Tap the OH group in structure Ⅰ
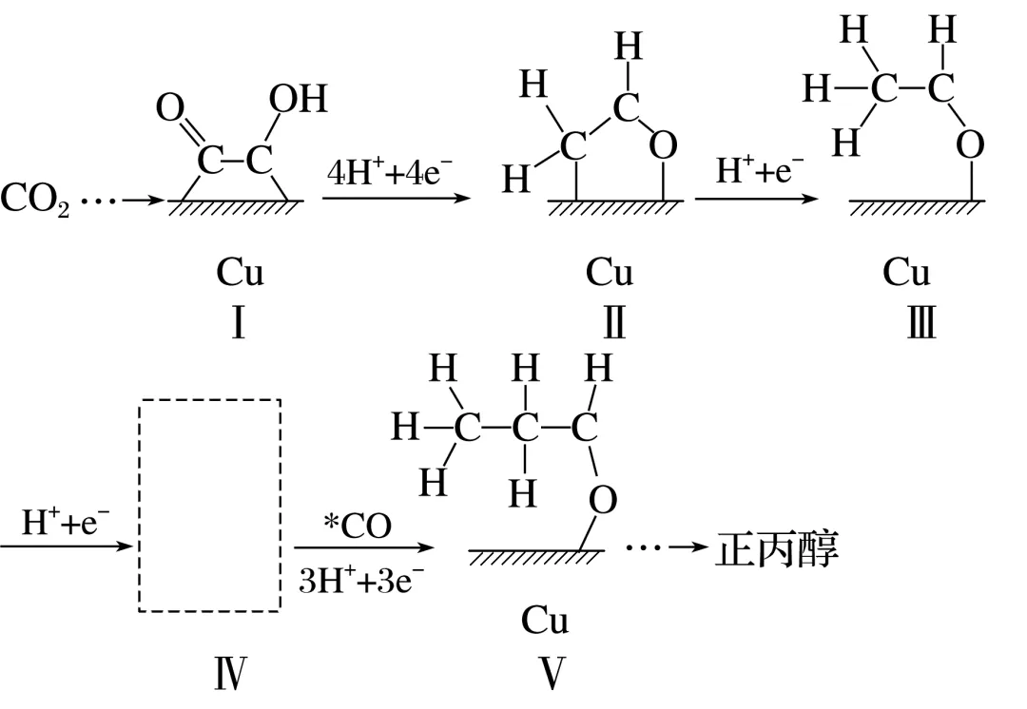[x=298, y=99]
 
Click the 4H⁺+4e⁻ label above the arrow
[x=390, y=175]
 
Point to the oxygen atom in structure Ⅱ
[x=665, y=144]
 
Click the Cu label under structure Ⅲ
[x=905, y=273]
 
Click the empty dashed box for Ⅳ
[x=210, y=505]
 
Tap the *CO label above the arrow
[x=357, y=526]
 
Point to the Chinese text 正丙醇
[x=776, y=550]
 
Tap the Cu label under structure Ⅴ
[x=545, y=621]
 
